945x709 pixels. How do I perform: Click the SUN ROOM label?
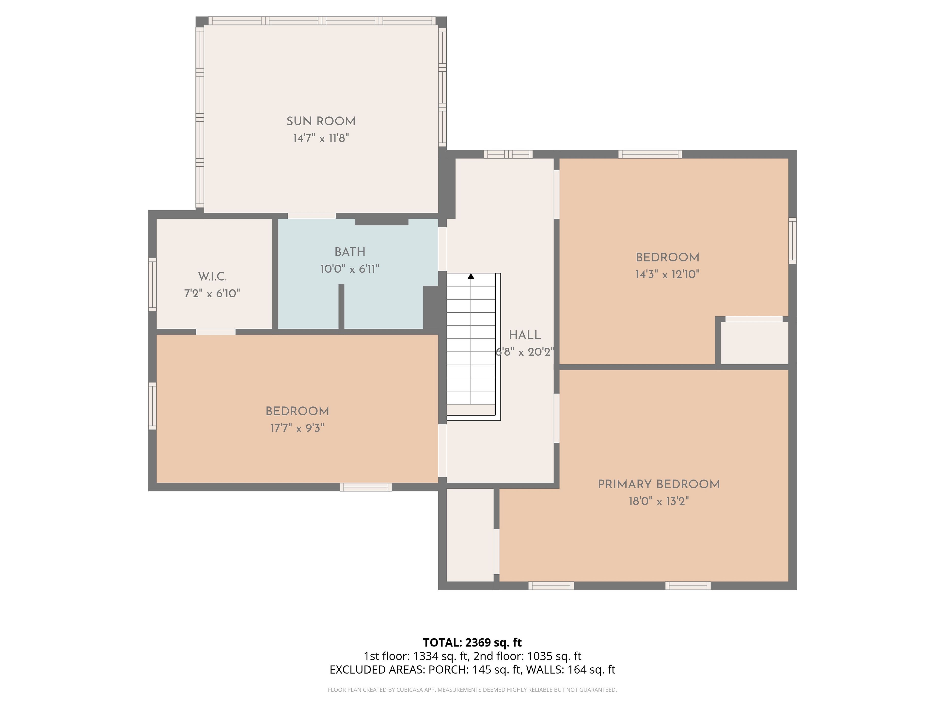(x=321, y=121)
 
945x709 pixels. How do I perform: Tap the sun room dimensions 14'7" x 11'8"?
(x=321, y=138)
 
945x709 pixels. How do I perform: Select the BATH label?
(x=350, y=252)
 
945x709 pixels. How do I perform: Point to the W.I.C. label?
(x=212, y=276)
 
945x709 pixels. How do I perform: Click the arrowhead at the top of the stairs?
(x=471, y=276)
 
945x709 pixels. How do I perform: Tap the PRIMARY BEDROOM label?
(x=659, y=484)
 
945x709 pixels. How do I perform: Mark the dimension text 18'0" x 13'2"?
(x=659, y=501)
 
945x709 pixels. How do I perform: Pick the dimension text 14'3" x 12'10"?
(x=667, y=274)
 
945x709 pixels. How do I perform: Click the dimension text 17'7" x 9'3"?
(x=297, y=428)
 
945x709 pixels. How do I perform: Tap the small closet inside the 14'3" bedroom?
(x=755, y=343)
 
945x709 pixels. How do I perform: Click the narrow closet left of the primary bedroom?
(x=470, y=535)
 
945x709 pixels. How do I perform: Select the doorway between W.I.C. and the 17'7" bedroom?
(x=216, y=332)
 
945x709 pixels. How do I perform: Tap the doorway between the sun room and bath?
(x=312, y=216)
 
